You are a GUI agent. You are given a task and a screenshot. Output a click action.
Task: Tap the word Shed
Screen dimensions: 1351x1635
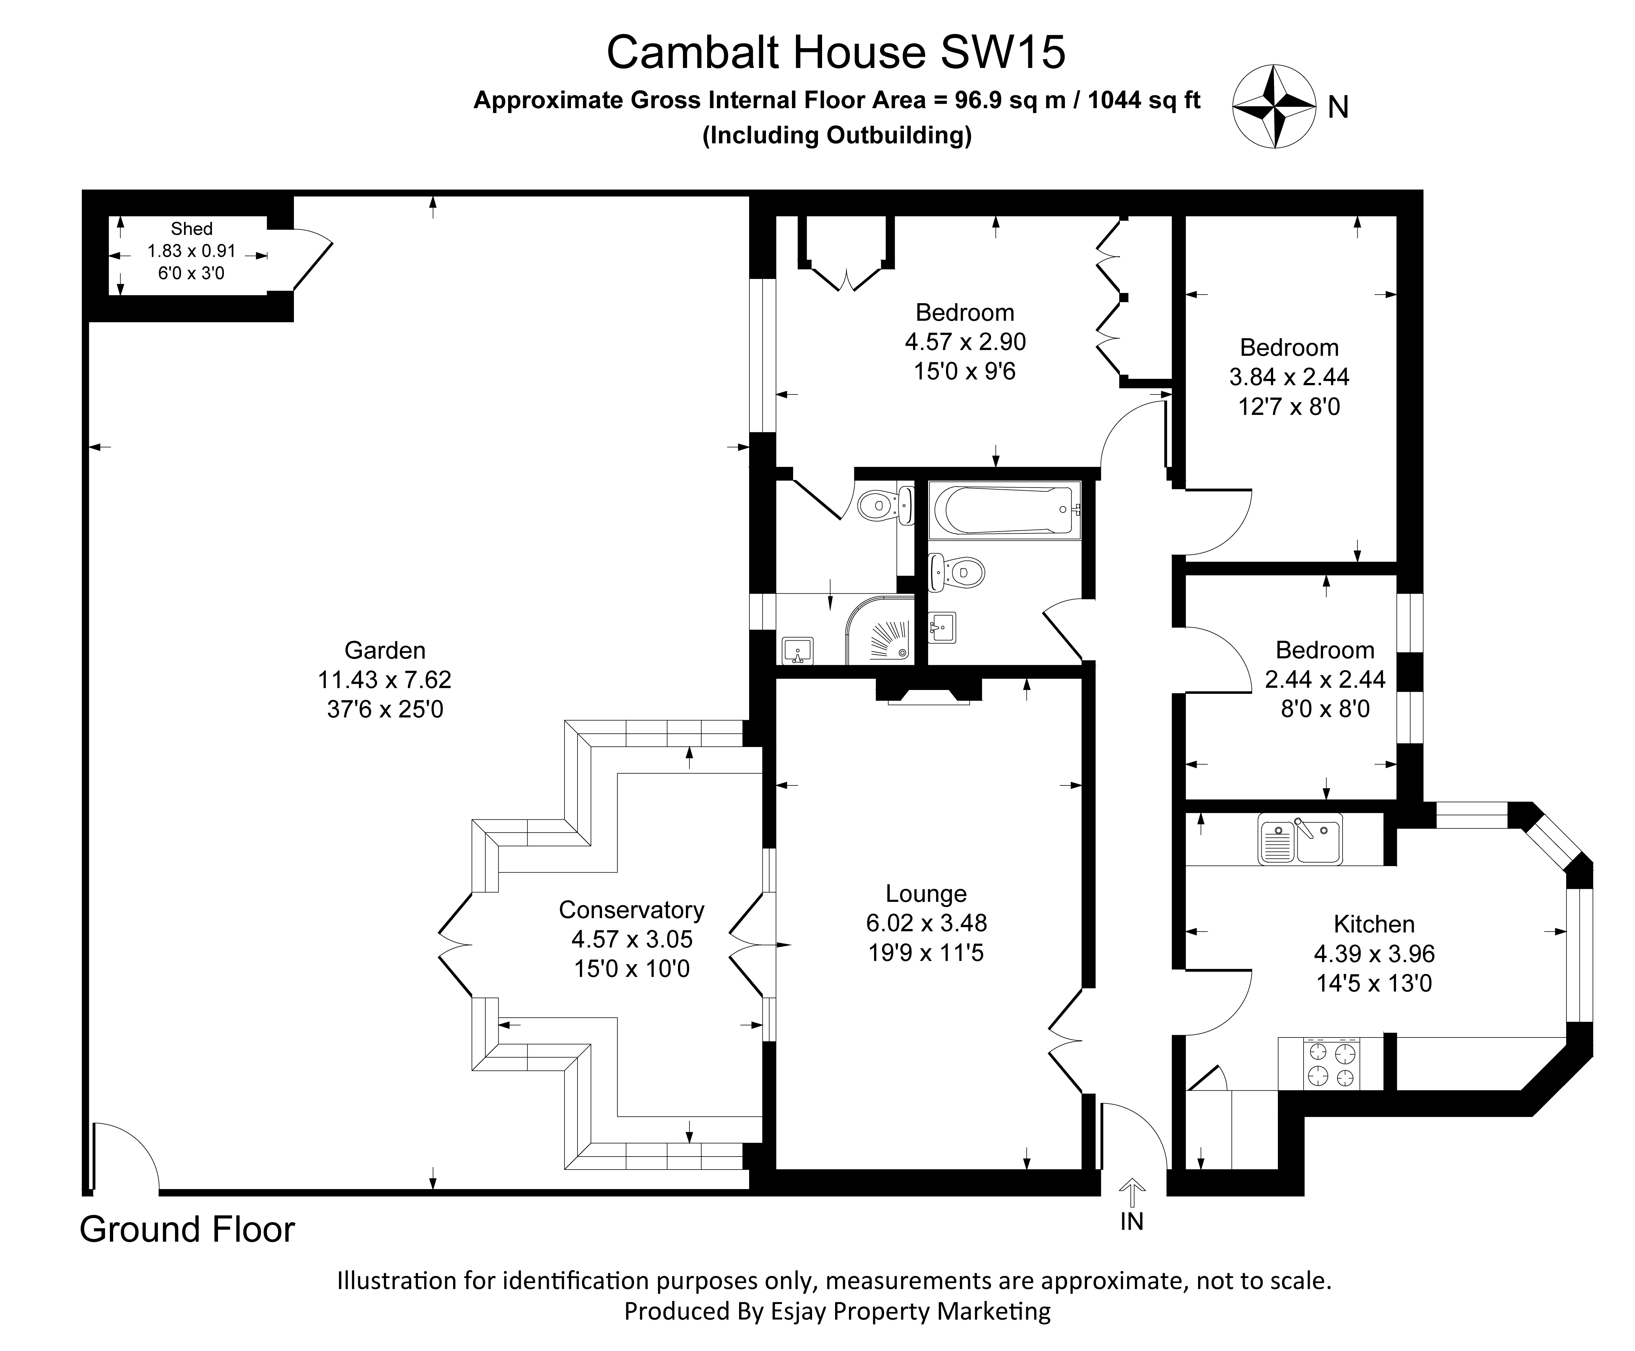tap(191, 229)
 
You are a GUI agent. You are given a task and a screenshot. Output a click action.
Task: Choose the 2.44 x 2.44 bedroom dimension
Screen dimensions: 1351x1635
tap(1325, 679)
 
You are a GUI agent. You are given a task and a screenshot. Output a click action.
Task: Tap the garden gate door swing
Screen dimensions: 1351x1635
tap(124, 1156)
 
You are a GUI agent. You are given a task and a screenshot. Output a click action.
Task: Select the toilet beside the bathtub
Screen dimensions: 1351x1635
tap(957, 574)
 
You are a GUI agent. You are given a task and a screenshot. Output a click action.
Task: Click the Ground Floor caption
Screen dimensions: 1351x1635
tap(188, 1230)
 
